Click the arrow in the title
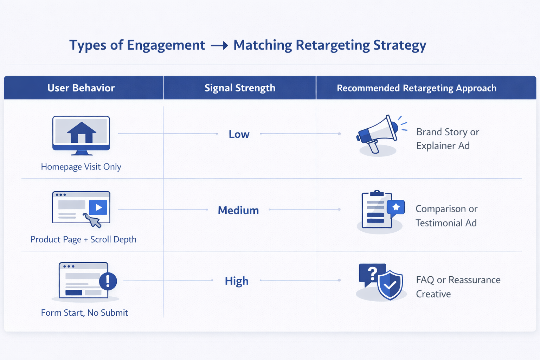[219, 46]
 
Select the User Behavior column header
[81, 88]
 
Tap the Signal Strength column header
[240, 88]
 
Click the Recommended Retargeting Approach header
[417, 88]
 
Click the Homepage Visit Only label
[81, 167]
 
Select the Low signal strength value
[239, 134]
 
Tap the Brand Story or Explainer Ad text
[448, 139]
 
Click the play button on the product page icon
[98, 207]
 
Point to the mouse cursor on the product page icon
[93, 220]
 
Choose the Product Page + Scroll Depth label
[83, 239]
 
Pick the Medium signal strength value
[238, 210]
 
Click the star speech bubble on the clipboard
[396, 207]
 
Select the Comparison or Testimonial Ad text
[446, 216]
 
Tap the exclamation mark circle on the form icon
[108, 281]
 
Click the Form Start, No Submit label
[84, 313]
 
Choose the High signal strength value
[237, 281]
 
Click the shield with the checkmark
[390, 285]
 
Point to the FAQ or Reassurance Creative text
[458, 287]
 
